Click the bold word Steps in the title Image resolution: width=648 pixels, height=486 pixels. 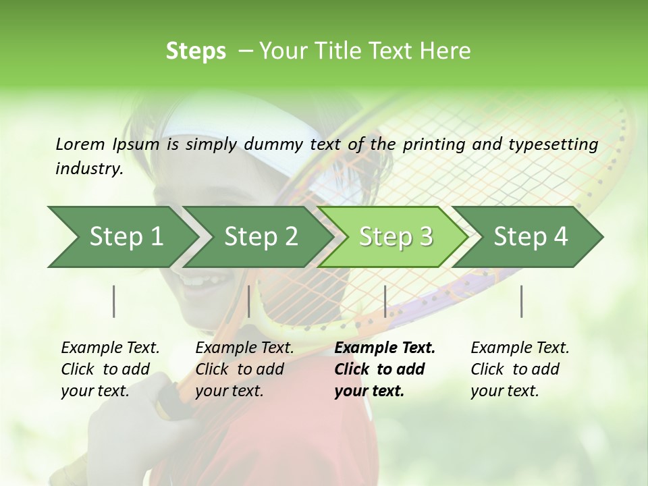[x=196, y=51]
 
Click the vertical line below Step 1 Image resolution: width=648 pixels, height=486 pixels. [x=114, y=301]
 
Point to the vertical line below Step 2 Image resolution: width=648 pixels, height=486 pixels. [x=249, y=301]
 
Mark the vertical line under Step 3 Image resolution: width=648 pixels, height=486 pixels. [x=385, y=301]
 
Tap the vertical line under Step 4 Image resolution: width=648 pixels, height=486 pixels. [x=522, y=301]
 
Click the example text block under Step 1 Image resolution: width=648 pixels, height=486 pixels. [x=110, y=369]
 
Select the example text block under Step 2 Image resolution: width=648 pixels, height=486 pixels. [x=244, y=369]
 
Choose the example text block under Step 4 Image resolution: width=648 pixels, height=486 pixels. [x=520, y=369]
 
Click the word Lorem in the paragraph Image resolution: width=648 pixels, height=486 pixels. [x=80, y=144]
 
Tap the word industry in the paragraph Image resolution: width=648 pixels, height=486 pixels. [x=89, y=169]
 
